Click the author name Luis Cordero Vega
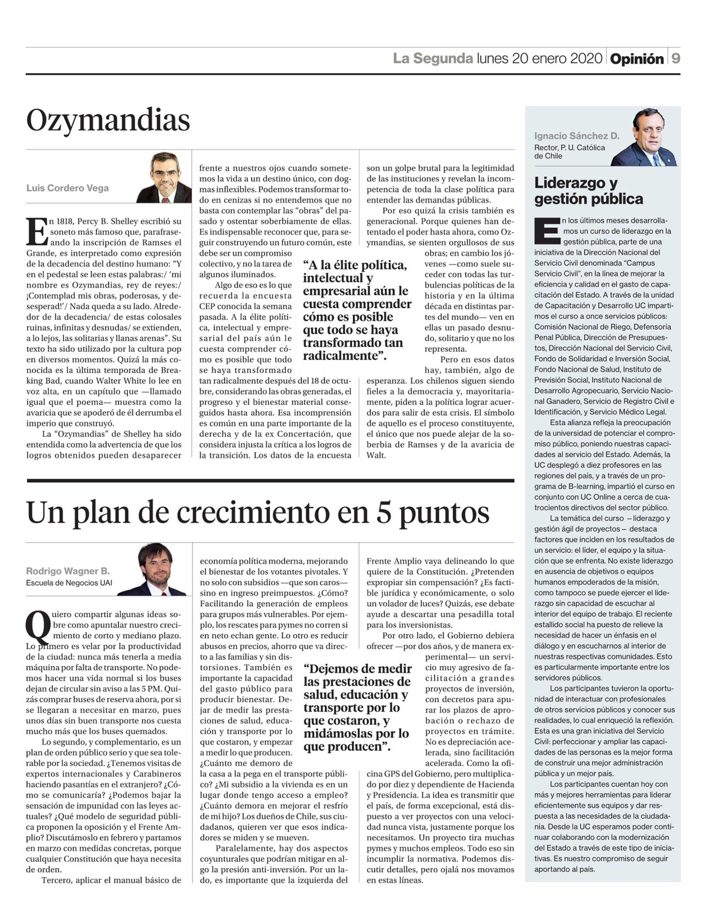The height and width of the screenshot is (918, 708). (67, 188)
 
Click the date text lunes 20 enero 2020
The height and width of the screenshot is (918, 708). (539, 58)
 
